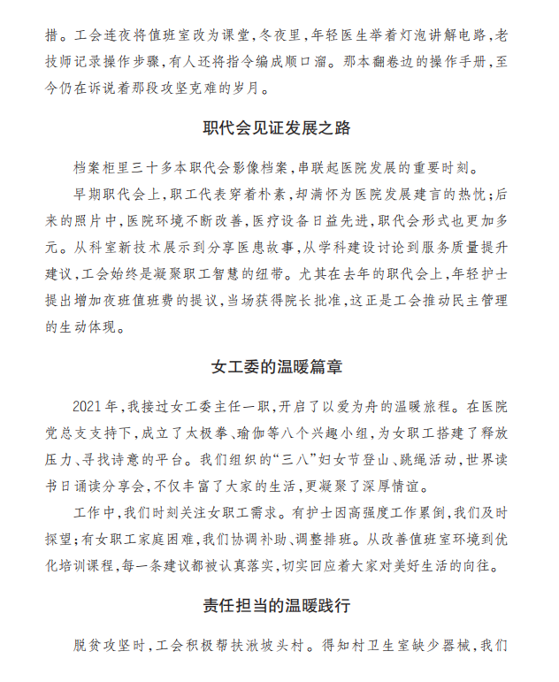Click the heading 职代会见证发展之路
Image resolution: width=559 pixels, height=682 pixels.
click(277, 128)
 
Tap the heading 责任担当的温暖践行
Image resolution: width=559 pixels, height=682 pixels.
click(277, 606)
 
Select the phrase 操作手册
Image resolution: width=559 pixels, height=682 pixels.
click(469, 64)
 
